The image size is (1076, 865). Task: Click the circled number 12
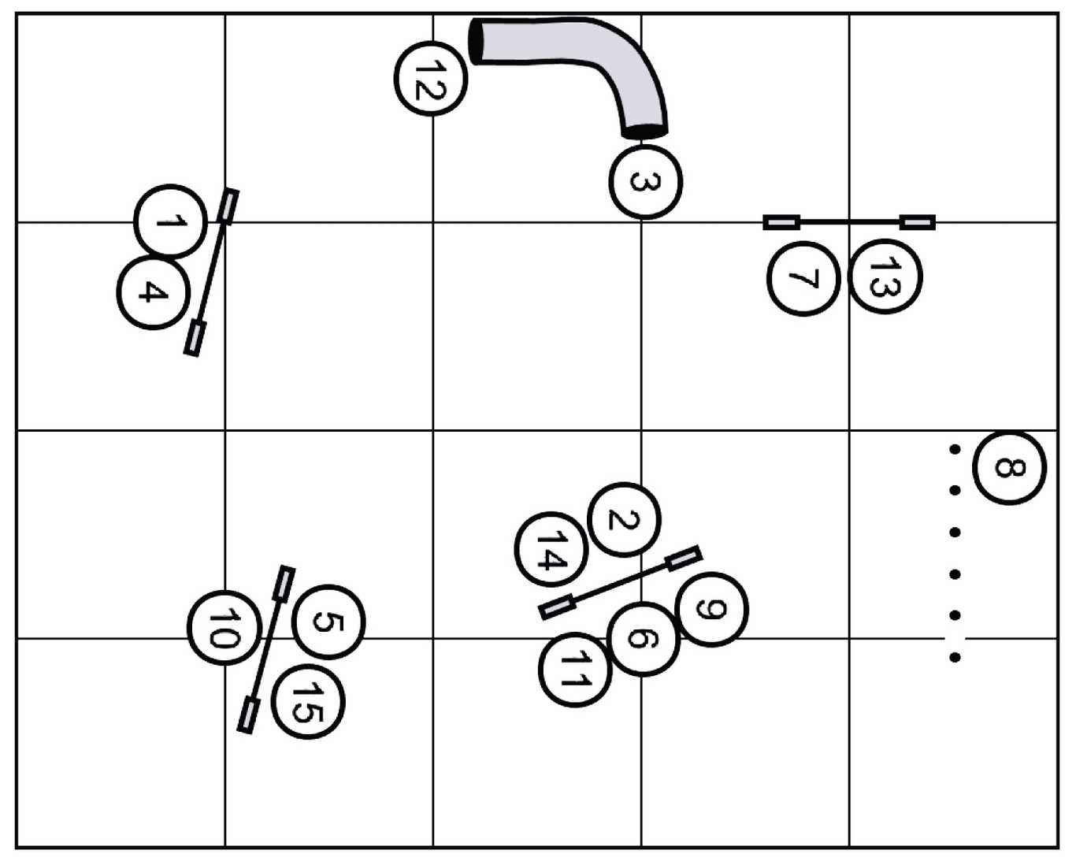click(x=431, y=78)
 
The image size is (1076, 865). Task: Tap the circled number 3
click(x=645, y=181)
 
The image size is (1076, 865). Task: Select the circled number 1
click(x=171, y=221)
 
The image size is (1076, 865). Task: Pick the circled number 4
click(x=153, y=291)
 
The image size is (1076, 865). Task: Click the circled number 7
click(x=803, y=279)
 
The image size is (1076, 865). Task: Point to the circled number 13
click(x=885, y=277)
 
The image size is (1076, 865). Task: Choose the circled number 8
click(x=1009, y=467)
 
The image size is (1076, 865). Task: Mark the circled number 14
click(x=551, y=549)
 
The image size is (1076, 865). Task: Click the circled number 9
click(x=711, y=609)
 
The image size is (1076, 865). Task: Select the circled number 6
click(x=644, y=638)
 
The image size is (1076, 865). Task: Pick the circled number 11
click(x=574, y=670)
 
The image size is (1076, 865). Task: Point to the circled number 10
click(x=224, y=627)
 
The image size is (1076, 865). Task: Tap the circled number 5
click(x=328, y=622)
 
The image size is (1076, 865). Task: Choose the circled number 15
click(x=307, y=701)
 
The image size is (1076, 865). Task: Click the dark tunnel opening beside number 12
click(x=477, y=41)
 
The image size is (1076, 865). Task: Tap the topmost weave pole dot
click(x=955, y=449)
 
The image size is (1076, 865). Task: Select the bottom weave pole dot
click(x=955, y=657)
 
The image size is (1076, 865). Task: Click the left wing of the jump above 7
click(x=781, y=222)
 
